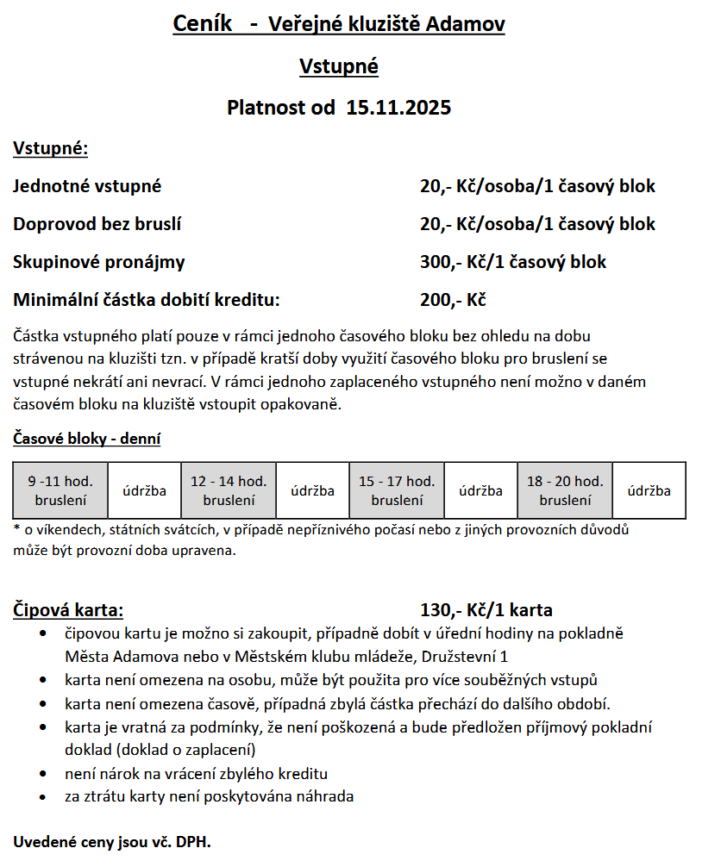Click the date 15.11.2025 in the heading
(x=398, y=108)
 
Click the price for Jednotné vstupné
(x=537, y=186)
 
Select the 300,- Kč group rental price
(x=512, y=262)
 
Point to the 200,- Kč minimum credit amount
(x=453, y=301)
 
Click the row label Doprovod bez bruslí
(x=97, y=224)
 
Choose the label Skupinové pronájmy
(x=98, y=262)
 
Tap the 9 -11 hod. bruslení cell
(x=60, y=490)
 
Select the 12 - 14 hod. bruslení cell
(x=229, y=490)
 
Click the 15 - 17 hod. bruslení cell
(x=397, y=490)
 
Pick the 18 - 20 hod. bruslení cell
(x=565, y=490)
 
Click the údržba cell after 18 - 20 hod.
(x=649, y=491)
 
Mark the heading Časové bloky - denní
(x=86, y=439)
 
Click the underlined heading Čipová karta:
(x=68, y=610)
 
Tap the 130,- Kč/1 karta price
(x=486, y=610)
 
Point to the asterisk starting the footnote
(x=16, y=528)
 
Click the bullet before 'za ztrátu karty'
(x=44, y=796)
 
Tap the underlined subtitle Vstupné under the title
(x=338, y=66)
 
